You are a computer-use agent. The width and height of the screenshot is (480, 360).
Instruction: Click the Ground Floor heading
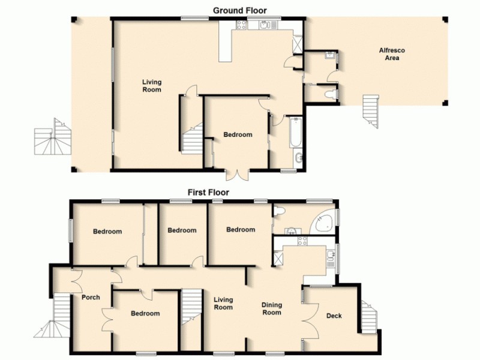240,10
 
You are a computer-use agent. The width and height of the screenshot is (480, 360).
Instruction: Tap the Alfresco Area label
389,54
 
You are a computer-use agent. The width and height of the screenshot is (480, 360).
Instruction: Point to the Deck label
334,316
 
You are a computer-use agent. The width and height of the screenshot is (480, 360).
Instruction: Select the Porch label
90,297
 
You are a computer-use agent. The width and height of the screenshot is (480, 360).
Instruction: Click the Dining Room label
272,308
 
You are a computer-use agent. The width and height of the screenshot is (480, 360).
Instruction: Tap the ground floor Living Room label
152,86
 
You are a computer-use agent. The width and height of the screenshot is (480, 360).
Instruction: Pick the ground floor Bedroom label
238,134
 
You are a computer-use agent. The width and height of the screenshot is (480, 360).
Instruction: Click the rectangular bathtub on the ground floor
295,133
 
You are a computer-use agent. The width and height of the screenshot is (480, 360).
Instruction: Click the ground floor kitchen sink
265,25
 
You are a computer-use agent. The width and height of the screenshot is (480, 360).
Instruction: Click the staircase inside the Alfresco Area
371,110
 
